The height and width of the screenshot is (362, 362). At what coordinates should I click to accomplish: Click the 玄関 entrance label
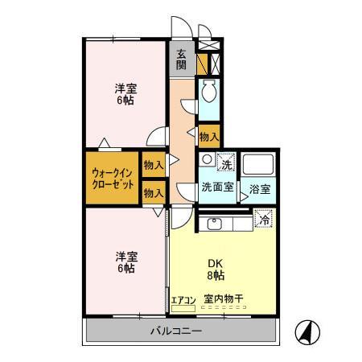(x=181, y=60)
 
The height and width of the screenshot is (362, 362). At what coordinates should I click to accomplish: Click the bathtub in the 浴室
(x=258, y=167)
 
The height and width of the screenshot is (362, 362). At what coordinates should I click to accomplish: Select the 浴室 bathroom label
(x=258, y=189)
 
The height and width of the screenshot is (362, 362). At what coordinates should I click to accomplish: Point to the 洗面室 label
(x=216, y=187)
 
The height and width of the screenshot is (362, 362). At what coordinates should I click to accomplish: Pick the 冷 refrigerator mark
(x=262, y=217)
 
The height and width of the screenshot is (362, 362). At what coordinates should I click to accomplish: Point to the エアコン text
(x=183, y=299)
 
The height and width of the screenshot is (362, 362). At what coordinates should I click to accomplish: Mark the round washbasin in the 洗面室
(x=207, y=159)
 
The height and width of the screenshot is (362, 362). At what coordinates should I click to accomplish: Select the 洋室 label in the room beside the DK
(x=124, y=261)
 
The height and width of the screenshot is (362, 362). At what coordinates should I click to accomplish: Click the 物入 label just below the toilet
(x=208, y=136)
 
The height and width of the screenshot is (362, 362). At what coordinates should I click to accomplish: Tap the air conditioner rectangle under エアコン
(x=184, y=307)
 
